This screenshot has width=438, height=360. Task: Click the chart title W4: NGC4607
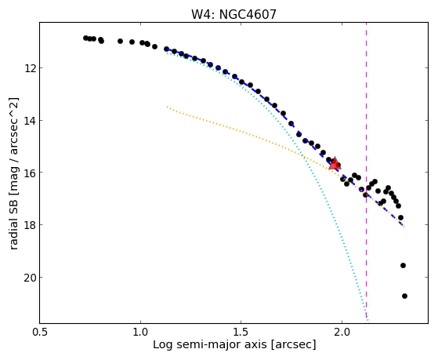pyautogui.click(x=233, y=15)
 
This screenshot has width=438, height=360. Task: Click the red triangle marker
pyautogui.click(x=335, y=163)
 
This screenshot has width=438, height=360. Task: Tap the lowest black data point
pyautogui.click(x=404, y=296)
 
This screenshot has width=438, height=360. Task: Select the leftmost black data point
pyautogui.click(x=85, y=38)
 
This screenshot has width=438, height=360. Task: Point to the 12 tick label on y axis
pyautogui.click(x=30, y=68)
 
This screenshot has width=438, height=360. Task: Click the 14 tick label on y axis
pyautogui.click(x=30, y=121)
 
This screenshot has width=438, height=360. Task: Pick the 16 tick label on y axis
pyautogui.click(x=30, y=173)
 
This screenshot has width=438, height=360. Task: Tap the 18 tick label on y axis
pyautogui.click(x=30, y=224)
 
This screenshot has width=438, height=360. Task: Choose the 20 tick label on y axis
pyautogui.click(x=30, y=277)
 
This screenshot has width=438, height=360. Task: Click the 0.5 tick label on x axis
pyautogui.click(x=40, y=332)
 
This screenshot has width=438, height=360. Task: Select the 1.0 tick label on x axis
pyautogui.click(x=140, y=332)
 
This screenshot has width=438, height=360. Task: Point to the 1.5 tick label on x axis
pyautogui.click(x=241, y=332)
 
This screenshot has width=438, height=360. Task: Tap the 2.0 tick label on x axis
pyautogui.click(x=342, y=332)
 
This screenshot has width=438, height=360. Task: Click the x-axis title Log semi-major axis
pyautogui.click(x=210, y=345)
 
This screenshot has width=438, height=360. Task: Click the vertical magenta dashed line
pyautogui.click(x=366, y=171)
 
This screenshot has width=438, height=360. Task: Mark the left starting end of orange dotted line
pyautogui.click(x=167, y=107)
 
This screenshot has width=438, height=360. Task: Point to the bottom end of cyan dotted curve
pyautogui.click(x=368, y=321)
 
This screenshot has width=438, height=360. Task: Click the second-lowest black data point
pyautogui.click(x=403, y=265)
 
